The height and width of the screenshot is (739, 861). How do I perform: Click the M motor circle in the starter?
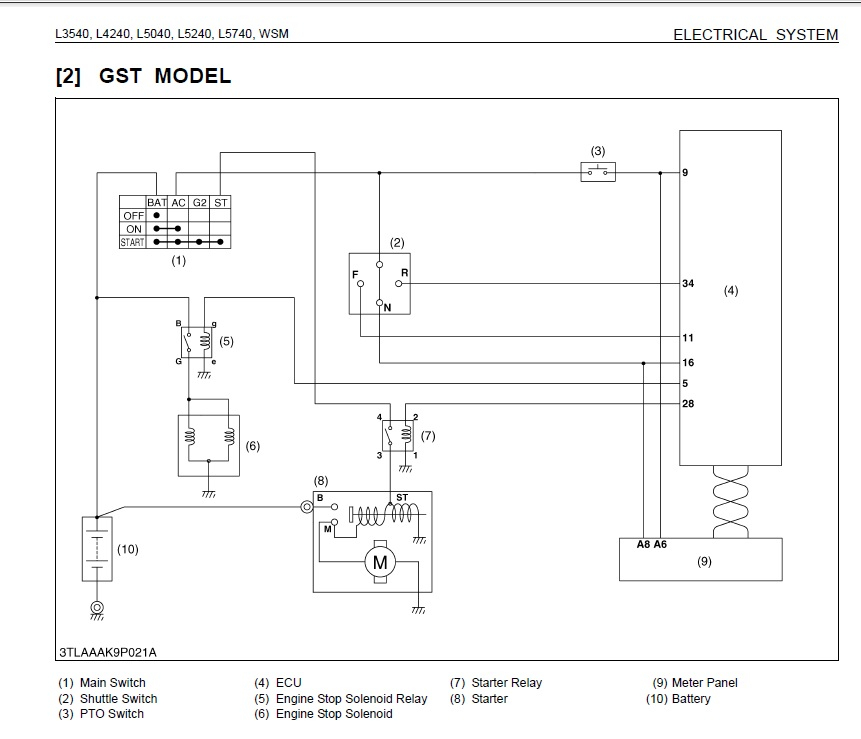click(380, 562)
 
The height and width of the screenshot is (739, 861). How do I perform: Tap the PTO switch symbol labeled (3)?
click(598, 172)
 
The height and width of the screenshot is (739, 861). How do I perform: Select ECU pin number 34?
click(688, 284)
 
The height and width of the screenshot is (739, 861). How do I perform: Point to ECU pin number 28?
click(688, 404)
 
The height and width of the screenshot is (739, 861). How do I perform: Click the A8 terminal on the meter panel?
click(644, 545)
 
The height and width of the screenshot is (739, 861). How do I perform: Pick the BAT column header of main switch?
click(157, 202)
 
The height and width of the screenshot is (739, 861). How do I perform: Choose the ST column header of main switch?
click(221, 202)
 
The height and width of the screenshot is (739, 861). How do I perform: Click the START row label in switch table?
click(132, 242)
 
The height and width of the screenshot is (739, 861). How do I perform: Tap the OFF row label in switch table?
click(133, 215)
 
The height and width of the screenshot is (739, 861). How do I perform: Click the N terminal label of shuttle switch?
click(386, 308)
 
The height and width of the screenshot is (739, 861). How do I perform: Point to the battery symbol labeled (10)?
click(96, 549)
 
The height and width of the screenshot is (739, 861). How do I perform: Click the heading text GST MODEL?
click(165, 76)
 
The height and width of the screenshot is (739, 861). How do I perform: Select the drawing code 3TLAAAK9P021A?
click(107, 653)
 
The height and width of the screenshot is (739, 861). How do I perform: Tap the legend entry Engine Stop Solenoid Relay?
click(351, 699)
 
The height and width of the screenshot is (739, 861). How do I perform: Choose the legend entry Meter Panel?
click(704, 683)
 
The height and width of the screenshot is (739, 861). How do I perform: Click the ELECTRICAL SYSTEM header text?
click(755, 35)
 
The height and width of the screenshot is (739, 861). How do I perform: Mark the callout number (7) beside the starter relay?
click(427, 436)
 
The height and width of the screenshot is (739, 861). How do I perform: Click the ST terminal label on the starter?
click(402, 497)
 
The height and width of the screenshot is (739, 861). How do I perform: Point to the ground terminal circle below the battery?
click(96, 607)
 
